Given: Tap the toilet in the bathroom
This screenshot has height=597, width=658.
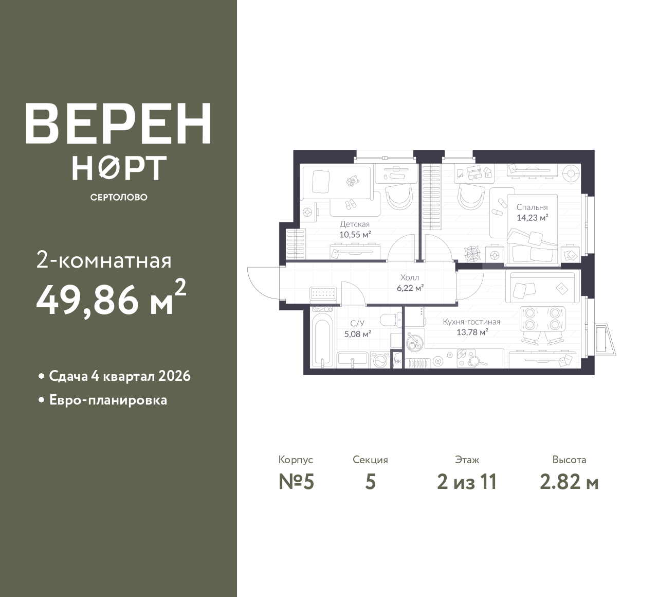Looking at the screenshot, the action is tap(391, 320).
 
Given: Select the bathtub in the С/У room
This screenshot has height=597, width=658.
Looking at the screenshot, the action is tap(322, 339).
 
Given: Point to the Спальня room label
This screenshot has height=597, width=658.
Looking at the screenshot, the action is tap(532, 207).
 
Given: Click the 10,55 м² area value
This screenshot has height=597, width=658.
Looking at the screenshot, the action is tap(355, 235).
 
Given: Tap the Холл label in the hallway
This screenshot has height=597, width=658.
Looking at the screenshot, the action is tap(410, 277).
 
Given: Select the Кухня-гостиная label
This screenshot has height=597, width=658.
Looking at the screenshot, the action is tap(471, 322).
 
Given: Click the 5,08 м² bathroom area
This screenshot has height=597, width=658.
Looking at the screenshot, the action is tap(358, 334).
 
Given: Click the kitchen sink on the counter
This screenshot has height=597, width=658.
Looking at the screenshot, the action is tap(413, 343).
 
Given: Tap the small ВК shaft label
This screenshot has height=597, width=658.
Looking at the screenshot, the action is tap(398, 362).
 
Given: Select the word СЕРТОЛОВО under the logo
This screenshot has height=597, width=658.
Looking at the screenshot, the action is tap(119, 197).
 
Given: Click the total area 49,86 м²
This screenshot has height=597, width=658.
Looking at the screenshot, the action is tap(111, 298).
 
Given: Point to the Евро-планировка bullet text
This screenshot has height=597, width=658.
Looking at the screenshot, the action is tap(108, 400).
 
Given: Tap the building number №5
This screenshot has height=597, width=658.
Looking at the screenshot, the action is tap(297, 482).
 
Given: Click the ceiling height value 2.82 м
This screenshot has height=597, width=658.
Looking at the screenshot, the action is tap(569, 482).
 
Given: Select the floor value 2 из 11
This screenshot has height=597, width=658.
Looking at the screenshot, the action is tap(467, 482).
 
